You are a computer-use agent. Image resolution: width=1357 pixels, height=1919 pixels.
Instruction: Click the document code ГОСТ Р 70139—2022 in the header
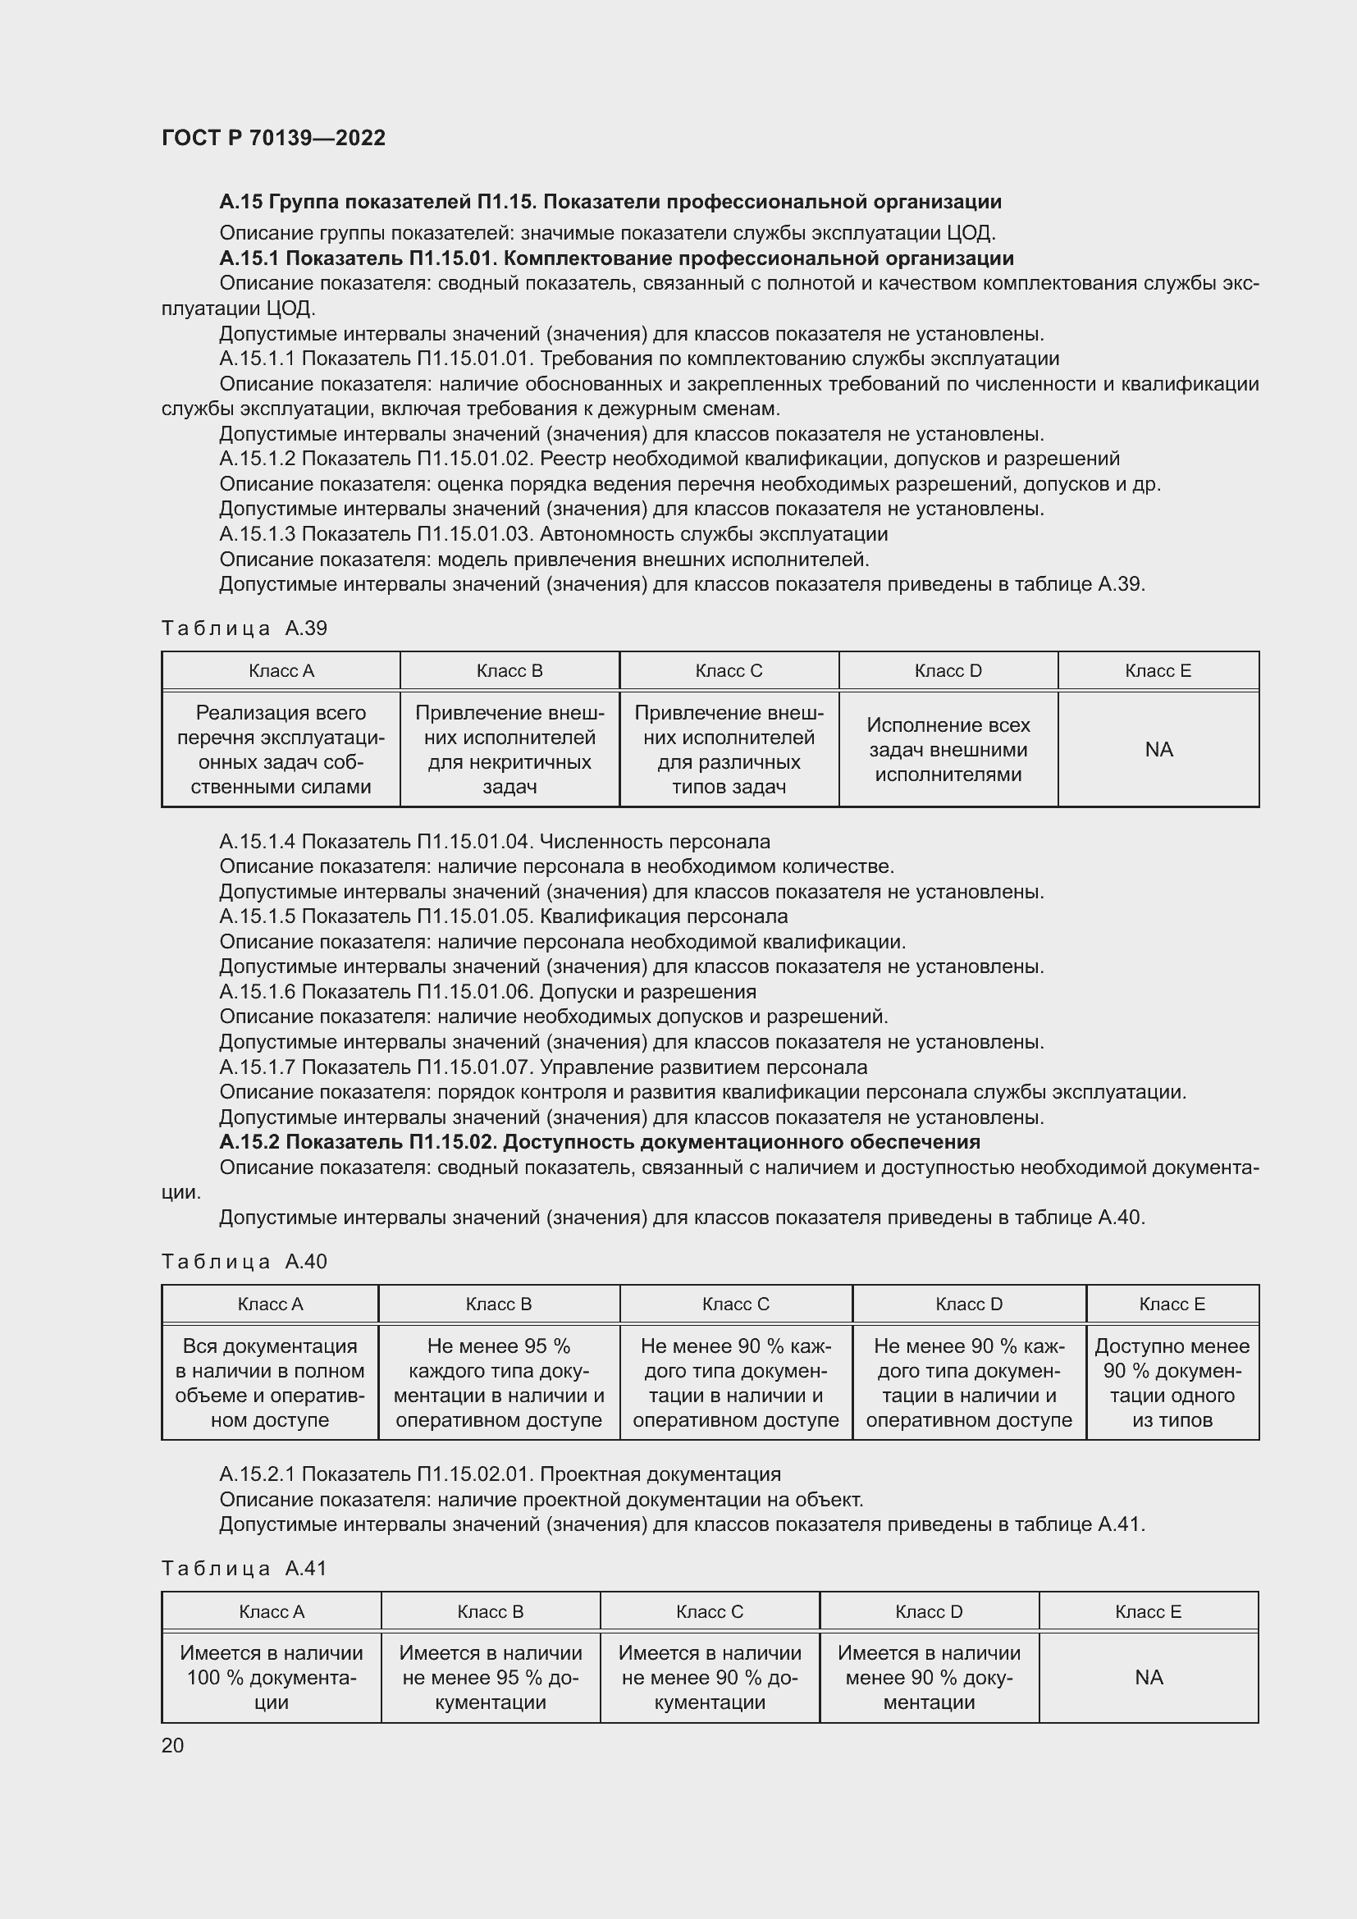273,138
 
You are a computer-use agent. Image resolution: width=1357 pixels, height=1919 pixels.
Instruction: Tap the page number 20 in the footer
172,1745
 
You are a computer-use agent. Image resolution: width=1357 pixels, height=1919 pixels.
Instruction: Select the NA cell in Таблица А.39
1158,750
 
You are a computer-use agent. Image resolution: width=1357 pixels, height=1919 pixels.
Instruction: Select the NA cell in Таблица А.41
1148,1678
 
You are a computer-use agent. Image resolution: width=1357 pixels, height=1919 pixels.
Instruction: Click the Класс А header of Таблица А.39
281,671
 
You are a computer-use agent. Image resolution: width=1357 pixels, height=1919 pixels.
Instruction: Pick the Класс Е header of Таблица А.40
1172,1304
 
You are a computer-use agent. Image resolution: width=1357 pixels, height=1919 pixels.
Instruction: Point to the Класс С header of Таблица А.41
710,1611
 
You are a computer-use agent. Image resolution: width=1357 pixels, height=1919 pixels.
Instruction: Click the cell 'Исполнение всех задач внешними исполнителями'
948,750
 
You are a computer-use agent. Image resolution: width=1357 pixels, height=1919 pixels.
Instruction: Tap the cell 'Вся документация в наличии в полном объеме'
270,1382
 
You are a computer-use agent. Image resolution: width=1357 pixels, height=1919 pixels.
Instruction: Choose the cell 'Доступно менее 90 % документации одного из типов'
1172,1382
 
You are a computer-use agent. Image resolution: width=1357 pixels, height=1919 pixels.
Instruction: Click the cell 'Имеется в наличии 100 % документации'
272,1678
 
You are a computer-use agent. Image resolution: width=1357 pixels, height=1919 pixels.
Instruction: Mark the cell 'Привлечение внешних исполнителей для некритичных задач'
509,750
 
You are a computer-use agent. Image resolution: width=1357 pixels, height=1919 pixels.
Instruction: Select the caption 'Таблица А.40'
244,1261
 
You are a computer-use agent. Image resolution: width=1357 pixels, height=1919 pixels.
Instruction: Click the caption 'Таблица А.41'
244,1569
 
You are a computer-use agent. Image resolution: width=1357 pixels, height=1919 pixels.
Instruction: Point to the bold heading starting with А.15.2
599,1142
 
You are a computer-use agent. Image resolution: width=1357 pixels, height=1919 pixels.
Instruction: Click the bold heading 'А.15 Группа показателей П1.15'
610,202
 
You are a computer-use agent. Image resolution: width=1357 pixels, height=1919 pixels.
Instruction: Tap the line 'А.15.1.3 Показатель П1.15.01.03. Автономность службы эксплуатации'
553,533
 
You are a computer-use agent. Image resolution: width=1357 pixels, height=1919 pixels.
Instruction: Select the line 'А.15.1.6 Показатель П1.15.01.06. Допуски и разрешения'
487,992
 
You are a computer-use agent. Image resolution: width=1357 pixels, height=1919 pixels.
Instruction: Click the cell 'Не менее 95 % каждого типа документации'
499,1382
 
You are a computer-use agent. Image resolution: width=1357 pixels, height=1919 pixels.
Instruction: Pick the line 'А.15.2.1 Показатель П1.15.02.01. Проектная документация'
500,1474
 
